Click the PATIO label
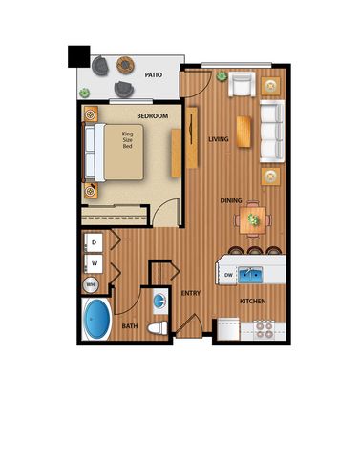tap(154, 75)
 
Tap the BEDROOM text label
tap(153, 116)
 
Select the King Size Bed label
tap(127, 140)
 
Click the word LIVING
tap(219, 139)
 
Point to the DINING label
tap(231, 200)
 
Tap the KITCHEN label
tap(253, 301)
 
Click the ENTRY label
tap(191, 293)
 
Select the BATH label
tap(130, 326)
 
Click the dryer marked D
tap(94, 242)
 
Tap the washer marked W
tap(94, 263)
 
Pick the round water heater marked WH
tap(91, 284)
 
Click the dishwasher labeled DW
tap(227, 275)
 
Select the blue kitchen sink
tap(250, 275)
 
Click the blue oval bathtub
tap(96, 319)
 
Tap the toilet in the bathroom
tap(158, 328)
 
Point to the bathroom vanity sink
tap(159, 301)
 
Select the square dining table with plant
tap(253, 219)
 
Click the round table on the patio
tap(125, 65)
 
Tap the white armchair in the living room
tap(242, 84)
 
